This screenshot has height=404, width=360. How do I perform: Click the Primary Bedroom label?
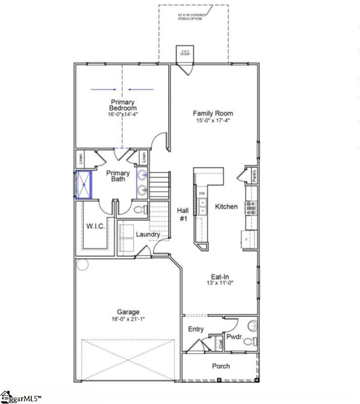[x=123, y=105]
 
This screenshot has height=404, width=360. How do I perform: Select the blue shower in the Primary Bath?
[x=82, y=185]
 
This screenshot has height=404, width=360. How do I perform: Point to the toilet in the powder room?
[x=248, y=342]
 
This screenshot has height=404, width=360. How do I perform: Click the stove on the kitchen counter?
[x=250, y=207]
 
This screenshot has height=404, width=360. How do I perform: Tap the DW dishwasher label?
[x=202, y=193]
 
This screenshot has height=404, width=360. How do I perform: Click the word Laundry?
[x=148, y=234]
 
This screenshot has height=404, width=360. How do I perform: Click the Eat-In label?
[x=220, y=276]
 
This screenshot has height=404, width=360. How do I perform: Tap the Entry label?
[x=196, y=329]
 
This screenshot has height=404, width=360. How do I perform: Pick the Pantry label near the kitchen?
[x=254, y=176]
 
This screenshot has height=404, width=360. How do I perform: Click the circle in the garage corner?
[x=82, y=264]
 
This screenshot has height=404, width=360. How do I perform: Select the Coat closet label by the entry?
[x=220, y=344]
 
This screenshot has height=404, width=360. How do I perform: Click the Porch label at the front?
[x=221, y=366]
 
